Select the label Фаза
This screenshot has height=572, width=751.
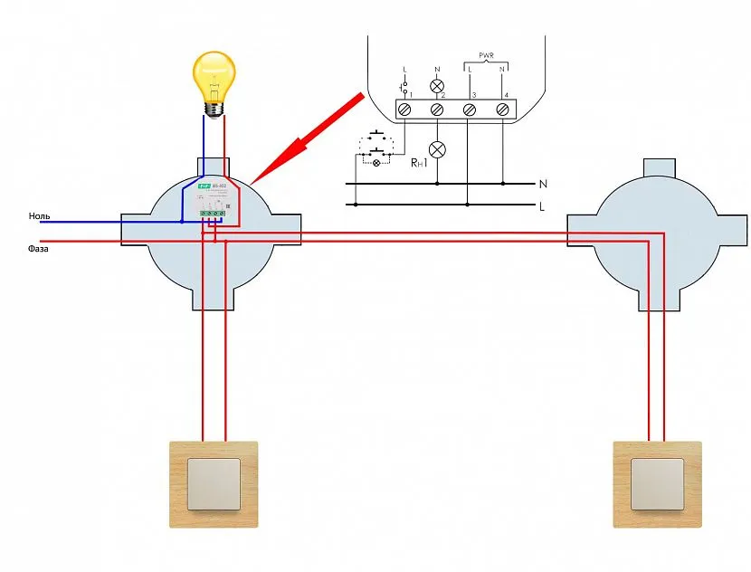(38, 247)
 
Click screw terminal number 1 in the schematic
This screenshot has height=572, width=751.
(404, 109)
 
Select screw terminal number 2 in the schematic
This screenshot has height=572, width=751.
(437, 109)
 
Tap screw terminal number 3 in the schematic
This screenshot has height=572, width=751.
(470, 109)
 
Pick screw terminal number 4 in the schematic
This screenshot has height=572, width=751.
(502, 109)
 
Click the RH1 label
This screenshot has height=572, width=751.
(419, 163)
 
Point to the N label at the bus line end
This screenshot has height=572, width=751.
(542, 184)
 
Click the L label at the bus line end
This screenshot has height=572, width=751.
(541, 206)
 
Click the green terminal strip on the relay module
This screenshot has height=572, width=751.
(214, 213)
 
